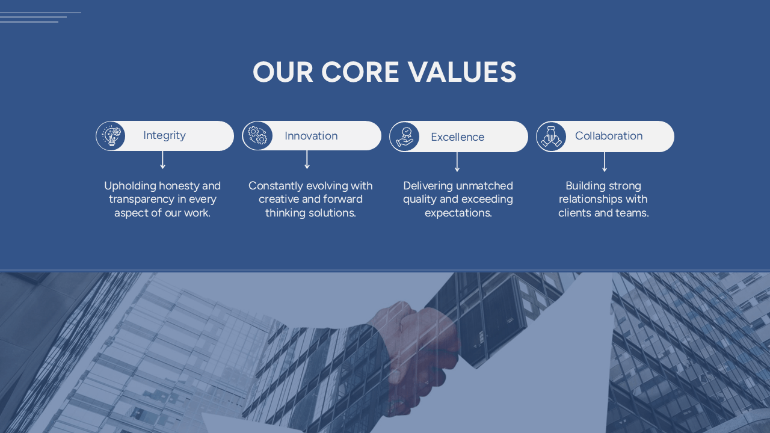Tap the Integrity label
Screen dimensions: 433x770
click(x=164, y=135)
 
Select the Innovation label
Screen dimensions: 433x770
click(x=311, y=136)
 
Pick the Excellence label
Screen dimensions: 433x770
click(x=457, y=137)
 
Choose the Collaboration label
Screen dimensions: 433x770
click(x=609, y=136)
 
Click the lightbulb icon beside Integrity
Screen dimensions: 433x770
click(x=111, y=136)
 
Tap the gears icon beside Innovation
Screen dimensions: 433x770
click(x=257, y=135)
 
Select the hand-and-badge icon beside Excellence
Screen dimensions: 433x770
click(x=404, y=137)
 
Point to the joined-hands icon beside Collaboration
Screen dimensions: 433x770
click(x=551, y=137)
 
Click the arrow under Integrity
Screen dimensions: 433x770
click(x=162, y=160)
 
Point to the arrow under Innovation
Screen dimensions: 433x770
click(x=307, y=160)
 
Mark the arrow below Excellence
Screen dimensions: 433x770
click(x=457, y=162)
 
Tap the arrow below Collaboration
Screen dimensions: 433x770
click(x=605, y=162)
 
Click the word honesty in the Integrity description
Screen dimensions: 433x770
click(x=181, y=186)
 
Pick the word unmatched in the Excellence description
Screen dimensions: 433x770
click(x=484, y=186)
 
